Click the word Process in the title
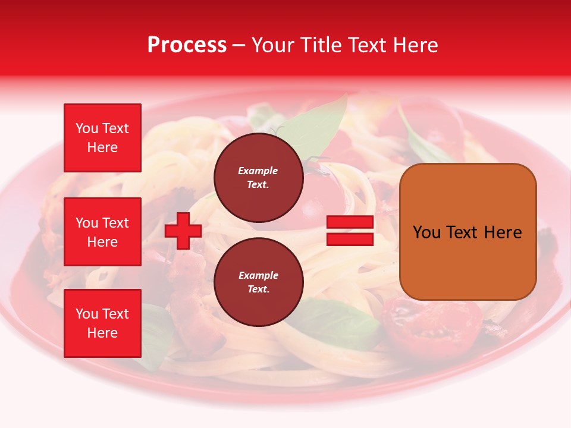pos(187,45)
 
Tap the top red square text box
pos(102,138)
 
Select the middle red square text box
pos(102,232)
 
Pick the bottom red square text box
pos(102,323)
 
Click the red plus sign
pos(183,231)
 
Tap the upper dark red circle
pos(258,177)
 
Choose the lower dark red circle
pos(258,282)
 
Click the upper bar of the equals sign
pos(350,222)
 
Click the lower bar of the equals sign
pos(350,240)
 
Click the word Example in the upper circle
pos(258,171)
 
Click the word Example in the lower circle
pos(258,275)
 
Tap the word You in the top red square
pos(86,128)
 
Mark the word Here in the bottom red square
pos(102,333)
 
